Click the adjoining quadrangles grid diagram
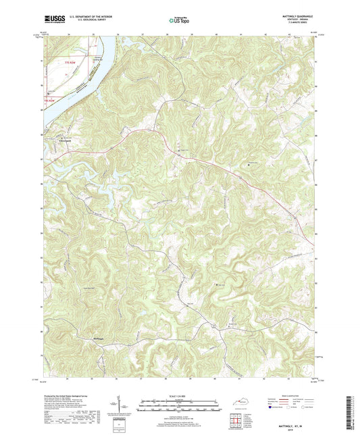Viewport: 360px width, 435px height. click(x=237, y=421)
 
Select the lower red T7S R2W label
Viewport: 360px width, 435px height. click(x=50, y=101)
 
